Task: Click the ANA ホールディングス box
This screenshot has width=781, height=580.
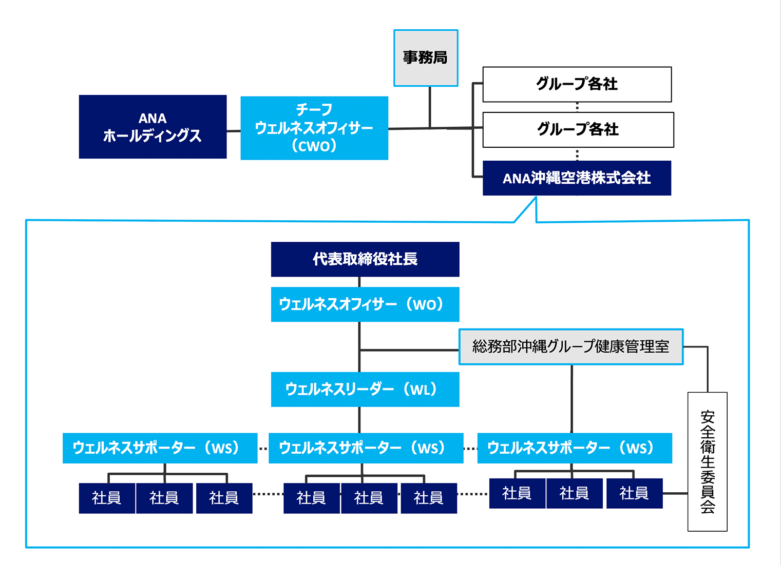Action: click(x=153, y=127)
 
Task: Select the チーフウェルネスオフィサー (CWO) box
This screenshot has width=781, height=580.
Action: click(x=314, y=128)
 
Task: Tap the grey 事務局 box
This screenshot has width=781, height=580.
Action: click(x=426, y=57)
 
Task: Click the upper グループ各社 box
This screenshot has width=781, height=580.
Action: click(x=577, y=84)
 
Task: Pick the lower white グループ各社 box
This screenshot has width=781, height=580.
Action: click(x=578, y=129)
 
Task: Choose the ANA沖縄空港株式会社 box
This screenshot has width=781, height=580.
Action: click(x=576, y=178)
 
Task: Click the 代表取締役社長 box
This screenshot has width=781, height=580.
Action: click(x=365, y=259)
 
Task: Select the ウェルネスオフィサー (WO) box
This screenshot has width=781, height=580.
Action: click(x=365, y=304)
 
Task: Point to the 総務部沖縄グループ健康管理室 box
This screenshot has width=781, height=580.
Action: click(x=570, y=347)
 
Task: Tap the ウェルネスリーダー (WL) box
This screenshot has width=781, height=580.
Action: click(x=365, y=390)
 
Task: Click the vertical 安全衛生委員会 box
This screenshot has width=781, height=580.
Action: click(x=707, y=461)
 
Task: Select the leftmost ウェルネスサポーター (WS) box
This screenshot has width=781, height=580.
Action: click(x=160, y=448)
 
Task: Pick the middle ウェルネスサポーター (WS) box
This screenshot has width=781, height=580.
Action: click(x=366, y=448)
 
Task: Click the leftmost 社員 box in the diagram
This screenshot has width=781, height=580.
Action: click(x=107, y=498)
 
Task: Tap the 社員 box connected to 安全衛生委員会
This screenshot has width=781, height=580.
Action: click(x=634, y=493)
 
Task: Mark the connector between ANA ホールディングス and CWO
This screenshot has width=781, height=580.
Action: click(x=234, y=131)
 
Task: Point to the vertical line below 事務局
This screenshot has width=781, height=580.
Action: click(x=430, y=107)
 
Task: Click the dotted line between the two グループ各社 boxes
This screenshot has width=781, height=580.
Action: click(x=577, y=107)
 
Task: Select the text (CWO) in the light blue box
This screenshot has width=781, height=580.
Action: click(x=314, y=146)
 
